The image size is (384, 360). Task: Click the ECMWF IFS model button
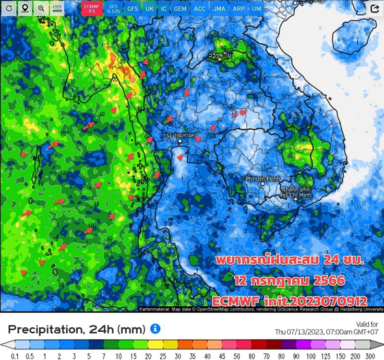pos(91,9)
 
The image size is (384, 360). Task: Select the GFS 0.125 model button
pos(113,9)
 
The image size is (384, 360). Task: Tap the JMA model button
pos(219,9)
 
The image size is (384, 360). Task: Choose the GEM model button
pos(180,9)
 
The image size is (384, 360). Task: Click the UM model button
pos(257,9)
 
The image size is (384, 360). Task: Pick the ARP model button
pos(239,9)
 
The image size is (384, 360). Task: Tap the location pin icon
pos(25,9)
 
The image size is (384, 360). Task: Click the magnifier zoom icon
pos(41,9)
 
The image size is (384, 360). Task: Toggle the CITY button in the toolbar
pos(57,9)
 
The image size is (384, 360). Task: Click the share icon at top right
pos(374,9)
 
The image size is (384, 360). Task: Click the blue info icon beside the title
pos(155,329)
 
